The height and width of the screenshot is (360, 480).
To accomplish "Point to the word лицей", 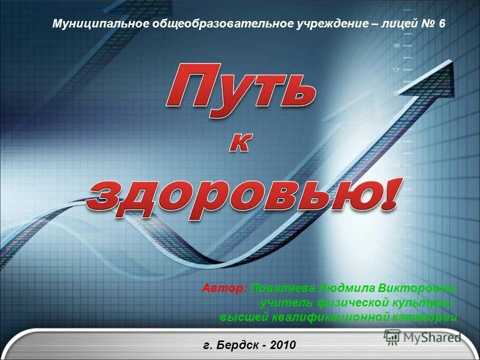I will [398, 23].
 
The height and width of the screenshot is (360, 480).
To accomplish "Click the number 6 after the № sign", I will [441, 23].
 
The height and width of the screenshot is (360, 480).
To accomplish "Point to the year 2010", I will [282, 345].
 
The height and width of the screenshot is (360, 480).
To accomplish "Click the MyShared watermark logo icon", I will [391, 336].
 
